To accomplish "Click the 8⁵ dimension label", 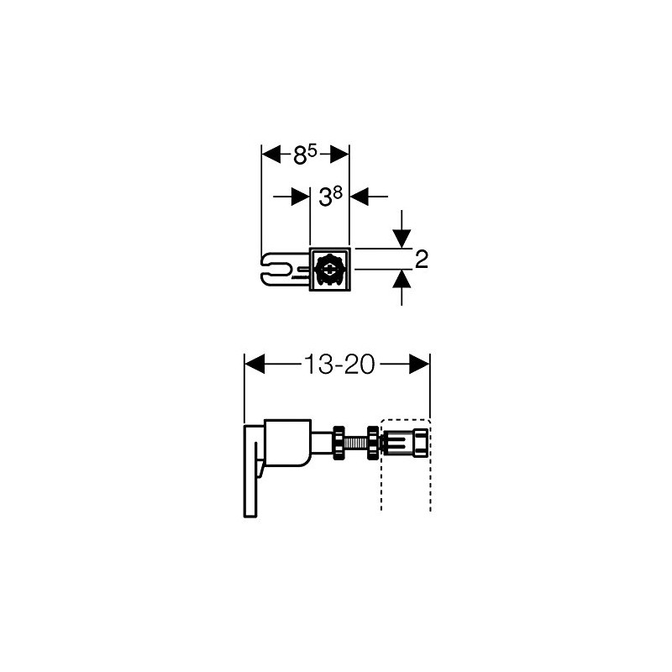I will pos(305,154).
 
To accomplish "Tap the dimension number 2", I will pos(422,259).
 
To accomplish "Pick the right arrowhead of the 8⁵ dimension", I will pos(339,155).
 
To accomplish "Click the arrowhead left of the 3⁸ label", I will pos(301,197).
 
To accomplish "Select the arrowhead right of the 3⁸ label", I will pos(360,197).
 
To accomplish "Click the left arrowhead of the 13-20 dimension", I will pos(254,364).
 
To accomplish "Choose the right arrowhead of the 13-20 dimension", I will pos(419,364).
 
